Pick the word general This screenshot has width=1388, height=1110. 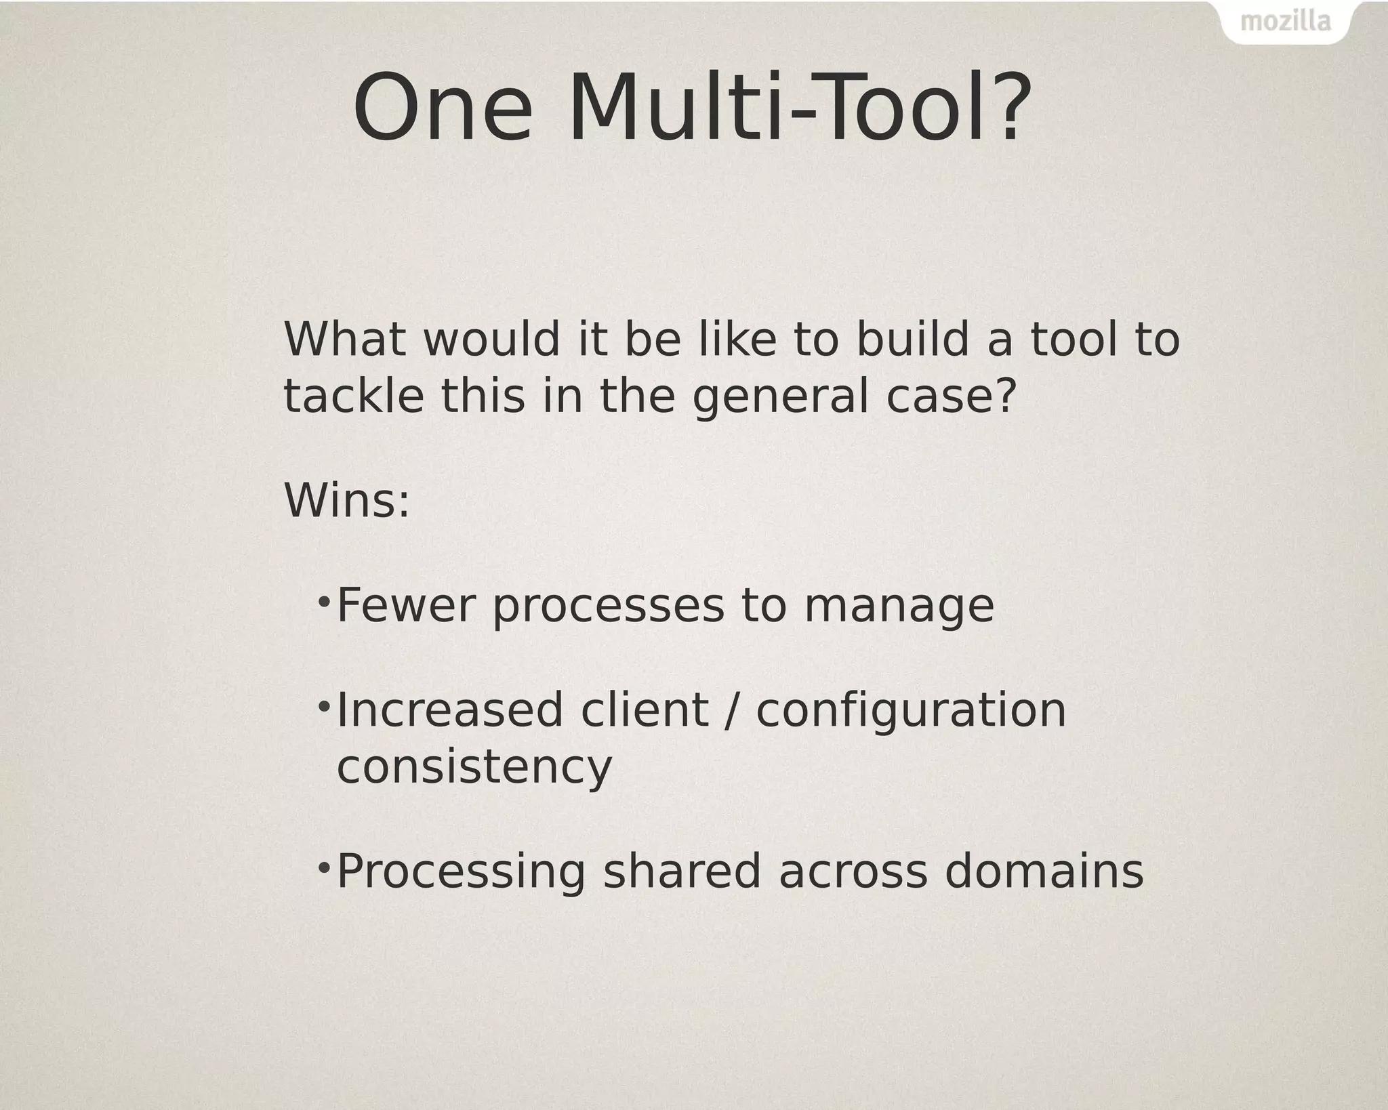(x=780, y=397)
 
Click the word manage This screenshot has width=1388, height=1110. (x=899, y=607)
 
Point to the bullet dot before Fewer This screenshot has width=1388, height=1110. (x=324, y=600)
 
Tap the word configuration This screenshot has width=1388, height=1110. (x=911, y=711)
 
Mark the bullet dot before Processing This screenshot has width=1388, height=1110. (x=324, y=867)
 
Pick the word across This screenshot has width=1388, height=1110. (x=853, y=872)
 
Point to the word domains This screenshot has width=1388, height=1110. (x=1044, y=872)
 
